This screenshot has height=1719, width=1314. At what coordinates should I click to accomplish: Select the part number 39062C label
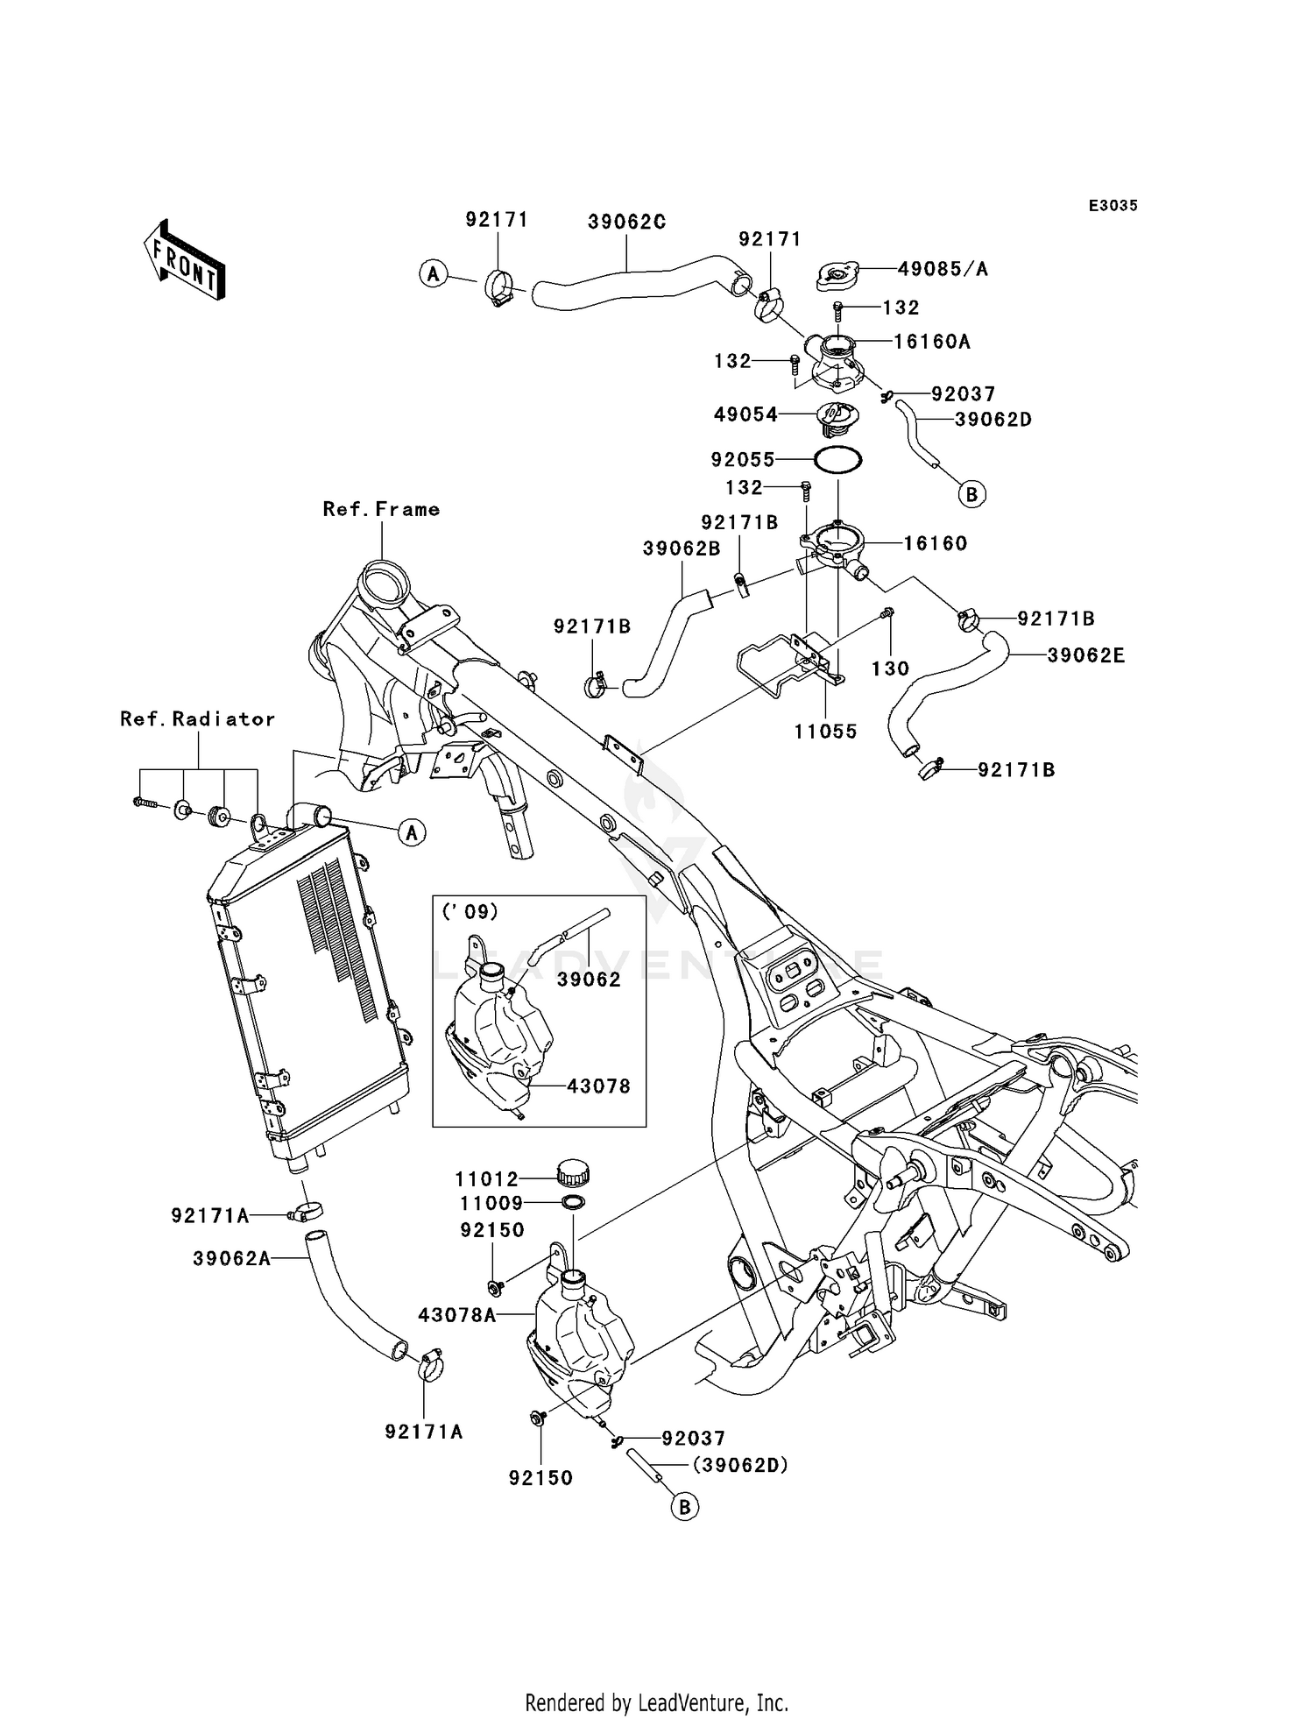(x=626, y=223)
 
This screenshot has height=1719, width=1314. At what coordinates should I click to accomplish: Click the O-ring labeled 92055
(x=837, y=458)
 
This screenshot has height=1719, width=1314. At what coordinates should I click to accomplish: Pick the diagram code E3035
(x=1113, y=206)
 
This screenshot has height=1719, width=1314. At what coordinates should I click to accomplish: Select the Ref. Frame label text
(x=381, y=509)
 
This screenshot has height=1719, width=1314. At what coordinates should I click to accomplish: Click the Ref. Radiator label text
(x=198, y=718)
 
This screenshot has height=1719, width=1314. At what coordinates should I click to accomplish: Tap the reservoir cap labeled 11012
(x=573, y=1170)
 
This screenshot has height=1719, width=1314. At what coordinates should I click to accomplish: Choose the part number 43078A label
(x=457, y=1315)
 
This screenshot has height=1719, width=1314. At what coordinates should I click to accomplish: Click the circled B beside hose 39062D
(x=971, y=494)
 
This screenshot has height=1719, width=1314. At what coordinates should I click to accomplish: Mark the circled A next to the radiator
(x=413, y=831)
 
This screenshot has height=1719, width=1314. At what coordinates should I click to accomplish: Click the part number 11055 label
(x=825, y=732)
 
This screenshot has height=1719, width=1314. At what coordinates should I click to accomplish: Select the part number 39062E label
(x=1086, y=654)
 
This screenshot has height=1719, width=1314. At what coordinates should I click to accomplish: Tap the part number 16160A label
(x=932, y=342)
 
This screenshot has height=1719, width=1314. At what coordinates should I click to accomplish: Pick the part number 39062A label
(x=232, y=1258)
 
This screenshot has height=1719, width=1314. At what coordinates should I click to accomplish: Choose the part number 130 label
(x=890, y=668)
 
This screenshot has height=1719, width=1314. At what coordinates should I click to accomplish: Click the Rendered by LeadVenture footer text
(x=657, y=1697)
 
